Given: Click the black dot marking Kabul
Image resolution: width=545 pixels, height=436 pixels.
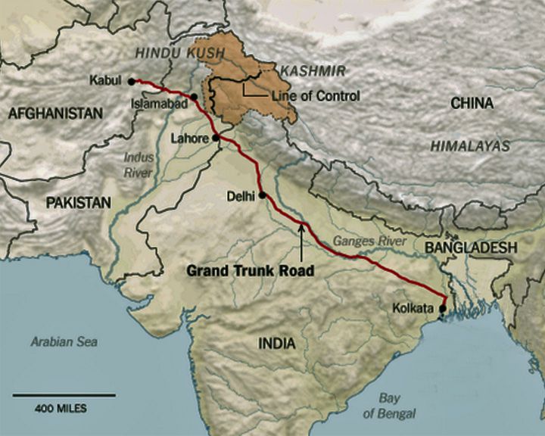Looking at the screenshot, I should [x=131, y=80].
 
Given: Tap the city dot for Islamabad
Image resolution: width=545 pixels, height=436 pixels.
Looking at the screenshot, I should [x=195, y=97].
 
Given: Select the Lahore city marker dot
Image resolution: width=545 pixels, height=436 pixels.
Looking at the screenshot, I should [x=216, y=138].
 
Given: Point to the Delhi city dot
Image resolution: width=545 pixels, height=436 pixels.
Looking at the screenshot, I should [x=263, y=195].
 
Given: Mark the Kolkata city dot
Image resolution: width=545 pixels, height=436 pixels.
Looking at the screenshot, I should [x=443, y=308].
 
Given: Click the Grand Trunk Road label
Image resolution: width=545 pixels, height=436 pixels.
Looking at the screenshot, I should [x=250, y=269].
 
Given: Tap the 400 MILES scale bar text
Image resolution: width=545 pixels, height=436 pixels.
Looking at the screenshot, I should [x=61, y=409].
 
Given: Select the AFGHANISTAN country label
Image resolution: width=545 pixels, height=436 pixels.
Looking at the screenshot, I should [x=55, y=114].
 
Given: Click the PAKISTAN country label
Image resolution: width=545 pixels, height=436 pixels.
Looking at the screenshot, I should [x=78, y=202].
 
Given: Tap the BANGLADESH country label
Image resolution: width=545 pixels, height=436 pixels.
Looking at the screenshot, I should [x=470, y=248].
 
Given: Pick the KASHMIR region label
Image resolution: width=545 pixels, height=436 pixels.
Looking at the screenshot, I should [x=313, y=70].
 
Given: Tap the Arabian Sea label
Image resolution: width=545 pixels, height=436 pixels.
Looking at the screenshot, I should [x=64, y=341].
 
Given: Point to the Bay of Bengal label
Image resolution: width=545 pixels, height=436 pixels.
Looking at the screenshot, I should [x=390, y=405].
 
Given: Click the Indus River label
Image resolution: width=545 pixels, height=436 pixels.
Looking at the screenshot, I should [x=139, y=165].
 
